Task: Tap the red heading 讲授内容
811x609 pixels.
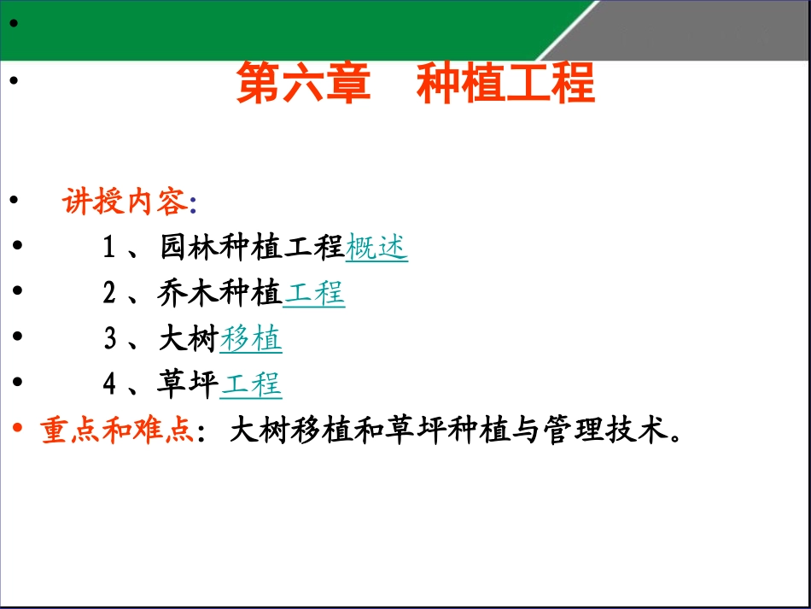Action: coord(124,202)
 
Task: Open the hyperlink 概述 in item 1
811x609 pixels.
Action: coord(376,248)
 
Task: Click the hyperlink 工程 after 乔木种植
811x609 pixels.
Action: coord(313,294)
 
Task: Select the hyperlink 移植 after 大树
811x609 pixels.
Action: coord(251,339)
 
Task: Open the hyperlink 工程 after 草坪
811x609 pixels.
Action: coord(251,384)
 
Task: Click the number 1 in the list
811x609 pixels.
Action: coord(108,249)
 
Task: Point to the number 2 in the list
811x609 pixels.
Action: coord(108,294)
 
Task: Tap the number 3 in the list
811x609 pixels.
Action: coord(108,339)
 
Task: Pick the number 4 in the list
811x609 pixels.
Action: coord(108,384)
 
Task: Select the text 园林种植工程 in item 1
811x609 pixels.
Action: coord(252,248)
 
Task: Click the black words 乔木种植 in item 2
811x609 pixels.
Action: coord(220,294)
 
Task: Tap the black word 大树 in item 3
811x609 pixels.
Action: coord(189,339)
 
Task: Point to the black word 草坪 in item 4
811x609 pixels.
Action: coord(189,384)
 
